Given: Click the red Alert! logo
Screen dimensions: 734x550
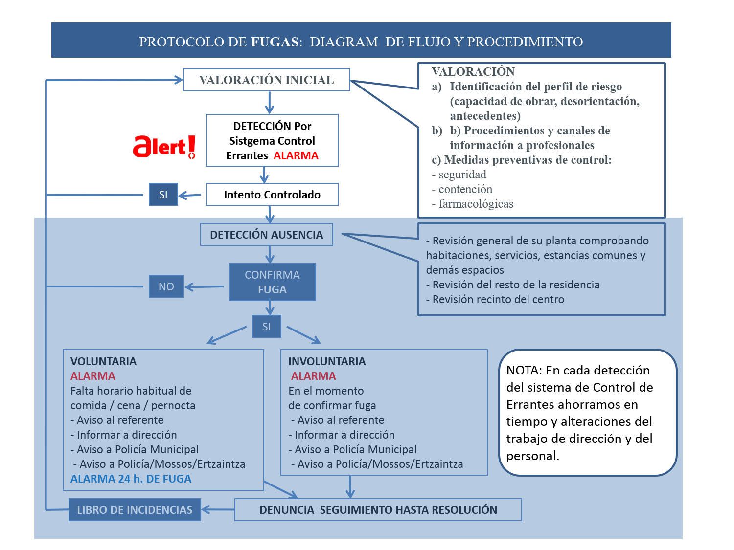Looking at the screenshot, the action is tap(164, 147).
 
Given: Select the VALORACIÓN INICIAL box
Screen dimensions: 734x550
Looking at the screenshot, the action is tap(267, 80).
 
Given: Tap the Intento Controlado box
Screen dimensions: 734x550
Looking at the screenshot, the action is tap(272, 195).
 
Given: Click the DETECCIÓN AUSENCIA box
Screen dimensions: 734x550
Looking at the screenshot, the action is tap(267, 235).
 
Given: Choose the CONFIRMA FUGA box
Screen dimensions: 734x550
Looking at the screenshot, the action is tap(272, 282).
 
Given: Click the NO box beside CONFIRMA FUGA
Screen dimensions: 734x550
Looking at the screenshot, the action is tap(166, 286).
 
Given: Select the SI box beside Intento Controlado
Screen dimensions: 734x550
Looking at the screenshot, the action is tap(163, 195).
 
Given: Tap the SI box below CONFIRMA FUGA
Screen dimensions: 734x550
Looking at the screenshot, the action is tap(267, 326).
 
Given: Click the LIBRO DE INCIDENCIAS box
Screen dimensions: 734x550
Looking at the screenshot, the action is tap(135, 509).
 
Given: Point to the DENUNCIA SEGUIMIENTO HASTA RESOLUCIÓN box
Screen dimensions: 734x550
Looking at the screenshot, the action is tap(378, 509).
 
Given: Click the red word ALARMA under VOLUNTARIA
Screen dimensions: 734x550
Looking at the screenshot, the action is tap(92, 376).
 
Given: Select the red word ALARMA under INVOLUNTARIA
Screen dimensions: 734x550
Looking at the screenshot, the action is tap(313, 376).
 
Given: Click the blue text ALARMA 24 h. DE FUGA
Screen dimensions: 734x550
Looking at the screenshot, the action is tap(131, 479).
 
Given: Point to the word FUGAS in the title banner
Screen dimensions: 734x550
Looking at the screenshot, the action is tap(275, 42).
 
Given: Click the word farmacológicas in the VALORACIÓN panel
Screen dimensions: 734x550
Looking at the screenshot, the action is tap(476, 204).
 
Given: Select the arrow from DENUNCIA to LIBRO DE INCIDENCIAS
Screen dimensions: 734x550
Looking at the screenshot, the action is tap(218, 509).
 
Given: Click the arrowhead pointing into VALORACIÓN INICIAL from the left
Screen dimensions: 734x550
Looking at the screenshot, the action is tap(178, 80).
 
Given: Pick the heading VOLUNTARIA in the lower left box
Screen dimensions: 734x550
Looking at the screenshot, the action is tap(103, 361).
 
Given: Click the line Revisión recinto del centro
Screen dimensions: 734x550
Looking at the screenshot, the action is tap(495, 299).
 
